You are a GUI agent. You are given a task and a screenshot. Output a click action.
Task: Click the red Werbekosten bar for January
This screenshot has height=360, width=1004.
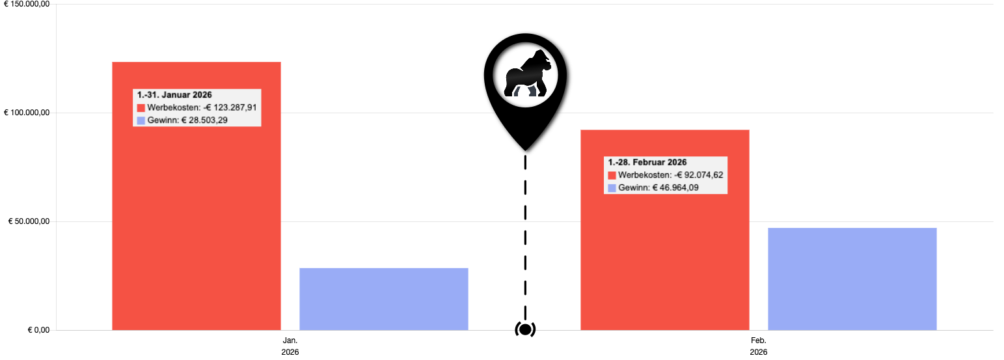point(196,215)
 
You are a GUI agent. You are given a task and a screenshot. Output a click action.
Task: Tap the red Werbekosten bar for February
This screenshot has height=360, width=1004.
point(664,260)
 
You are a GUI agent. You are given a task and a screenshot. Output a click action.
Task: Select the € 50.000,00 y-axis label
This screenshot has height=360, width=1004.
point(28,222)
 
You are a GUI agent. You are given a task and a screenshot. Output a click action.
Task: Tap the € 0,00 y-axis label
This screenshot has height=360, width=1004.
point(38,330)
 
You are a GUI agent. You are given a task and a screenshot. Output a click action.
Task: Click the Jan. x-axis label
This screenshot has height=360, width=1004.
point(290,340)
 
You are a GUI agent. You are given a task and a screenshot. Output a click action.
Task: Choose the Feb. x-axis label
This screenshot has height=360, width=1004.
point(759,340)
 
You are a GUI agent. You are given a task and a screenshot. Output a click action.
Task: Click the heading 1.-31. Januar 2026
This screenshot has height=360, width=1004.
point(174,95)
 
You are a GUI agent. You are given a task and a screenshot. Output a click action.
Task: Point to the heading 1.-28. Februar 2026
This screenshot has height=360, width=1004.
point(647,163)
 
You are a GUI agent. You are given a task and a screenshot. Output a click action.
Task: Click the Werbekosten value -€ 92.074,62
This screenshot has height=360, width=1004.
point(699,175)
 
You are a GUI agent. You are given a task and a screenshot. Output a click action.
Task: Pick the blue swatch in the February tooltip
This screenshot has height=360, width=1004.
point(612,188)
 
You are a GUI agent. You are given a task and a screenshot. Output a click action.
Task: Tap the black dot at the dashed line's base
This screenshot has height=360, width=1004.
point(525,329)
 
